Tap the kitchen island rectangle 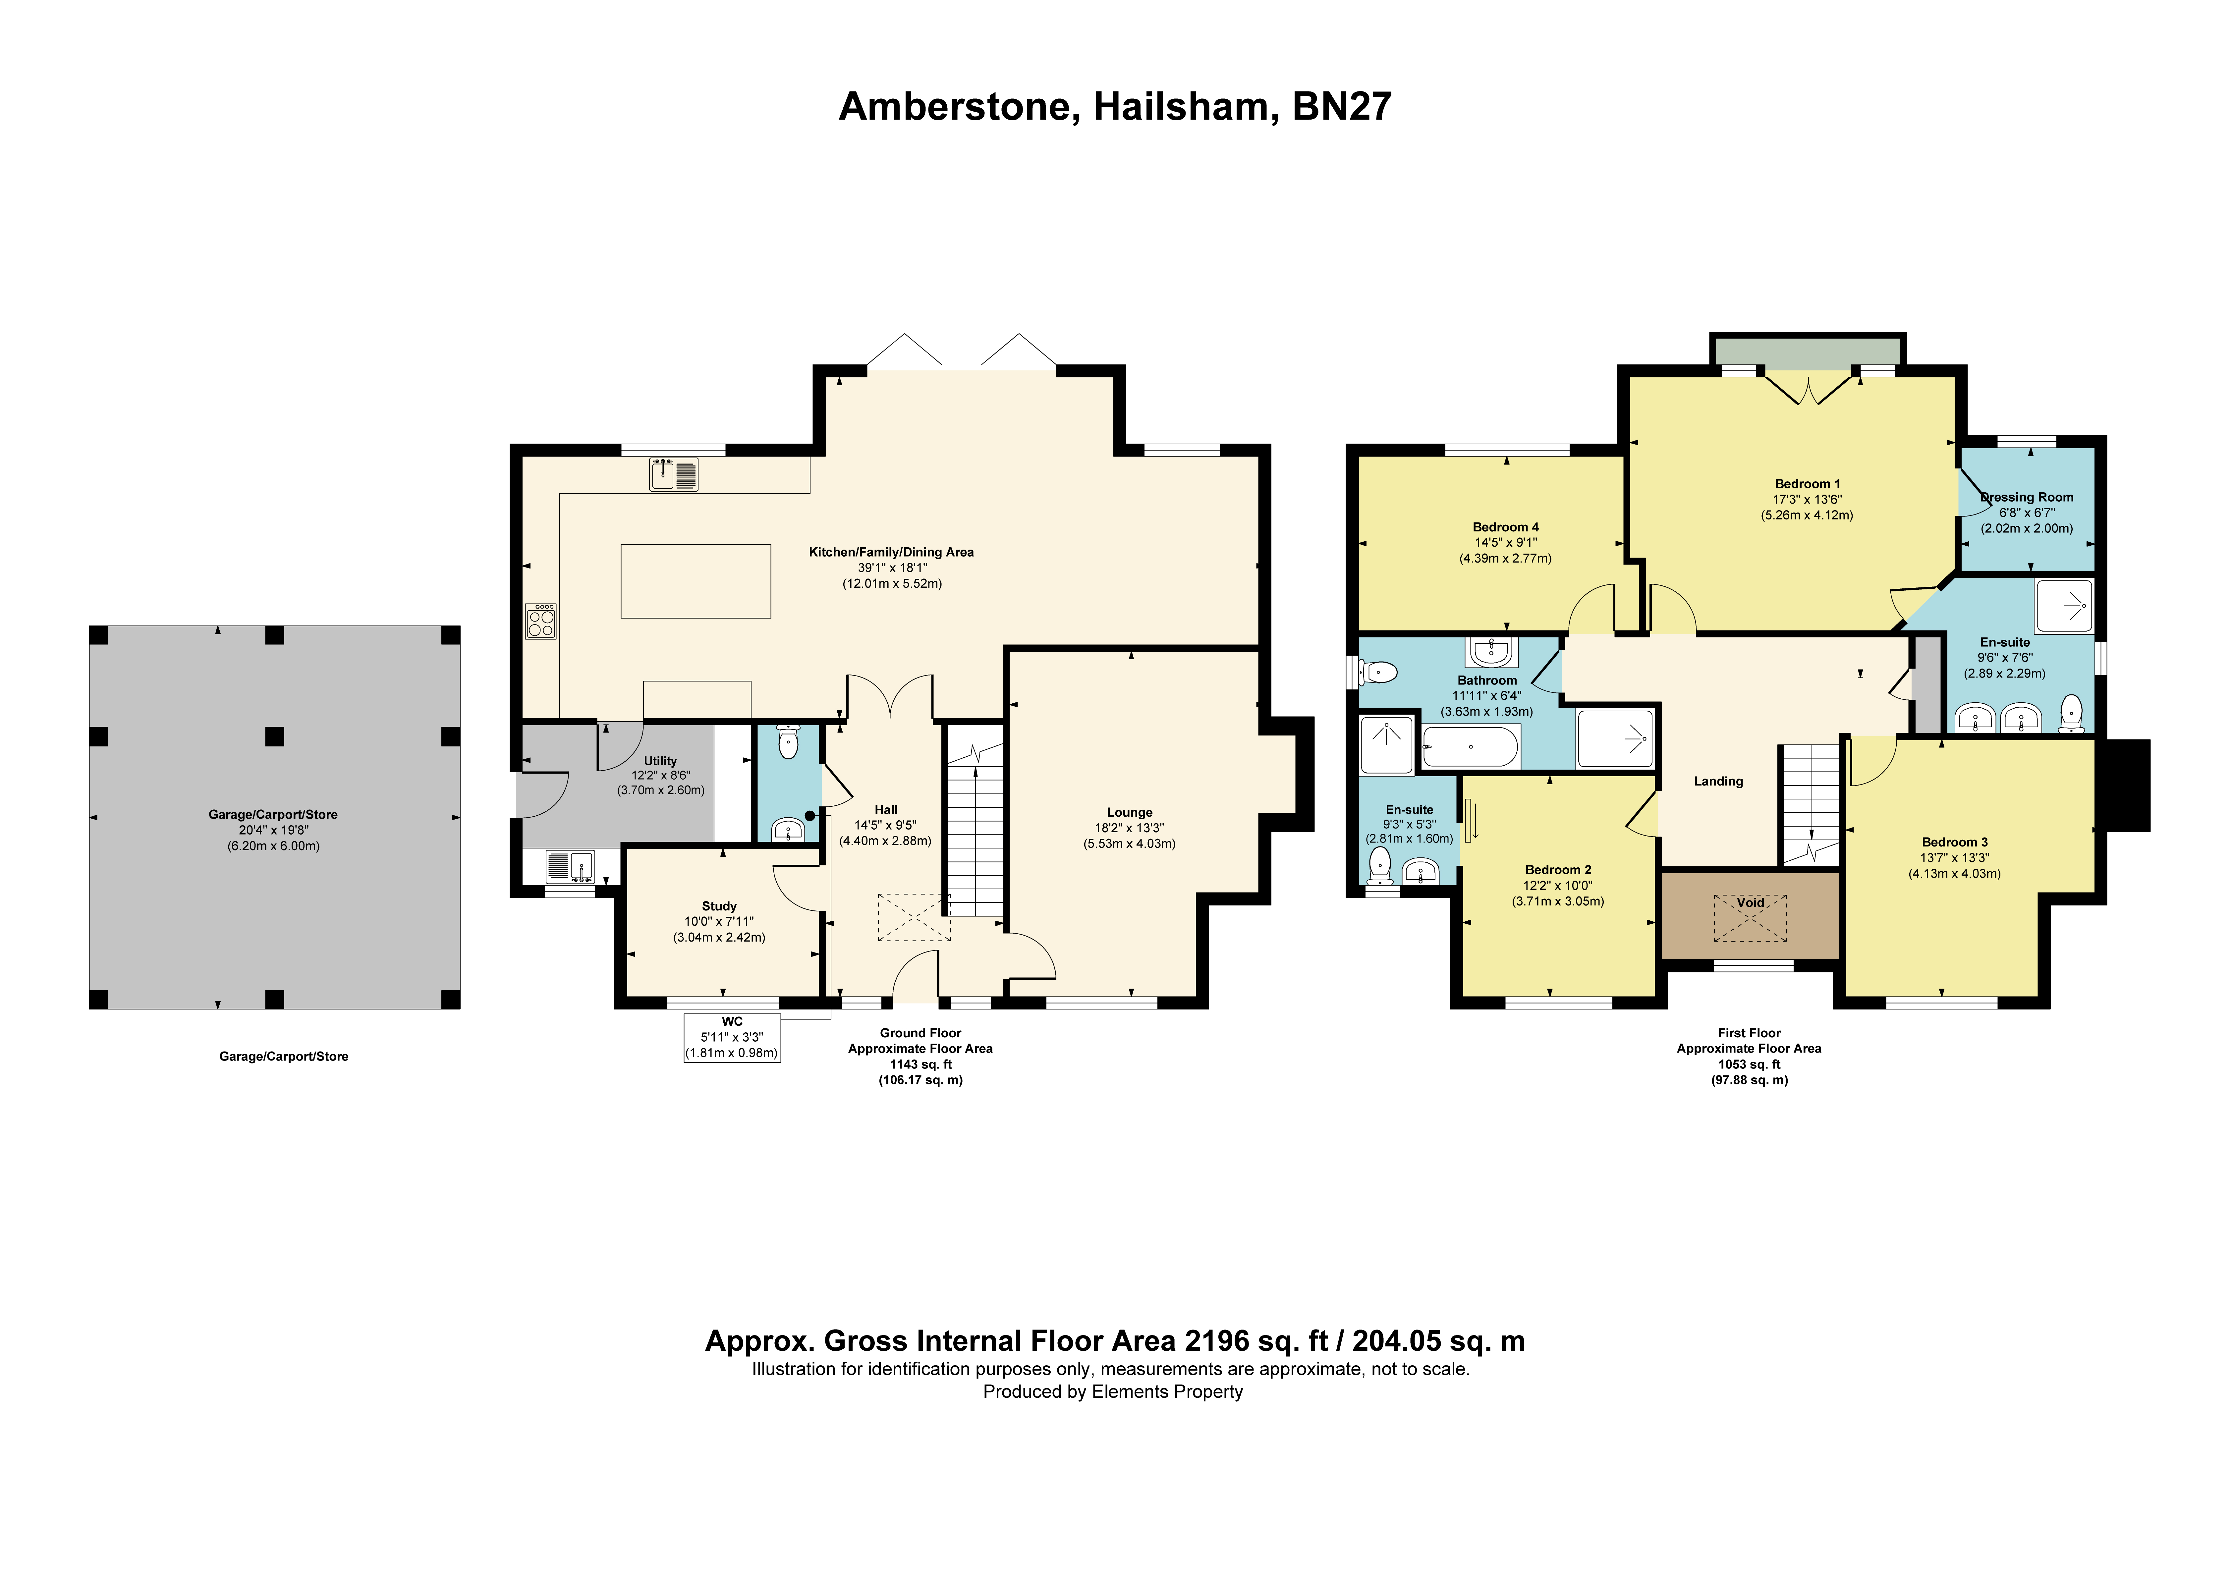(696, 581)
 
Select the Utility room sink (570, 865)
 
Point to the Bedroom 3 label (1955, 842)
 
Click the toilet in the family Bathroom (1379, 672)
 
